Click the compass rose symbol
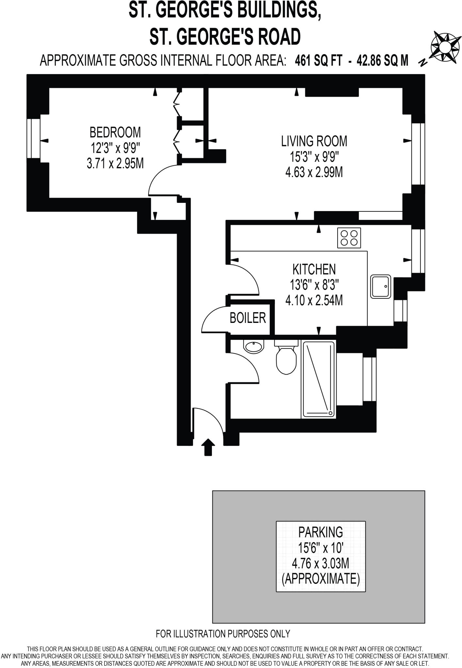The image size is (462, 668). [443, 47]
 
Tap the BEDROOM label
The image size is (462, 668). [115, 132]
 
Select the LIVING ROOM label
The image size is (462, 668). [314, 141]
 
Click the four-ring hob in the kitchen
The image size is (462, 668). [349, 238]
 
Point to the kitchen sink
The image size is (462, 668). [380, 286]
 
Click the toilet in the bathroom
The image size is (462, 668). [286, 359]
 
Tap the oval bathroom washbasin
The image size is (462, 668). [254, 347]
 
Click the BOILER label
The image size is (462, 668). [247, 318]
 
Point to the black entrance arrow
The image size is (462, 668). [208, 446]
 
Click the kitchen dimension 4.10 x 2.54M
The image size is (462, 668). [314, 300]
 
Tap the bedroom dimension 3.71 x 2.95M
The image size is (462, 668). [115, 163]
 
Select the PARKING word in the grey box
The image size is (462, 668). [321, 532]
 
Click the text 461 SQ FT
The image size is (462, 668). [318, 60]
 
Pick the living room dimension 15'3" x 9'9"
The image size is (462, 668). [314, 157]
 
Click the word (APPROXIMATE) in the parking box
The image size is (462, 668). [321, 579]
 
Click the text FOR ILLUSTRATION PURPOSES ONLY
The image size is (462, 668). [223, 634]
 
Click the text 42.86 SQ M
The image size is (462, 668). [382, 60]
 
